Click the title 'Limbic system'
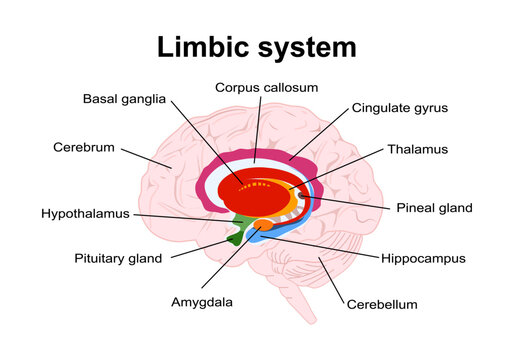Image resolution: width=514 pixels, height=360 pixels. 256,47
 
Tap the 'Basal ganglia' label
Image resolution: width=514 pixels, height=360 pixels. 124,99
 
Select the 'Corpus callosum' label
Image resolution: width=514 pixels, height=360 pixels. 266,88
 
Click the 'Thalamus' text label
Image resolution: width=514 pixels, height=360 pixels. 418,149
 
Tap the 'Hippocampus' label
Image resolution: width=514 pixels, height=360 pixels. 423,258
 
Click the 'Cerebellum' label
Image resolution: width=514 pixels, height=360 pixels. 382,304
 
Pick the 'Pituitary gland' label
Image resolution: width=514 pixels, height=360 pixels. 118,258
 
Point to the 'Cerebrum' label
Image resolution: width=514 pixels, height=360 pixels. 84,148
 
